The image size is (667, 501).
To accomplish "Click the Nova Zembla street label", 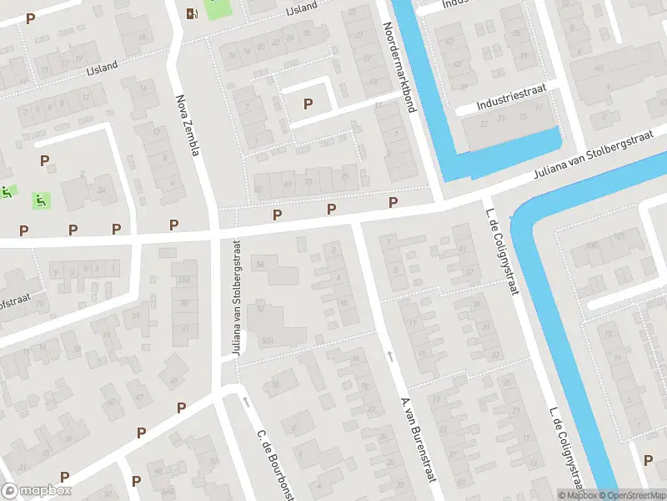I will point(188,124).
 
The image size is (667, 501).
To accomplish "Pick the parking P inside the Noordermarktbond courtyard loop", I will point(308,104).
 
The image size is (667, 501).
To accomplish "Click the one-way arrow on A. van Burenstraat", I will point(390,357).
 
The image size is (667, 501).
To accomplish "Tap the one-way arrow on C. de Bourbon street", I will point(246,402).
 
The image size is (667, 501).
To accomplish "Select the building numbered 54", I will point(261,264).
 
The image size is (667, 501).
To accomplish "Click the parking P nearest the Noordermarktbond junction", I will point(393,203).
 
